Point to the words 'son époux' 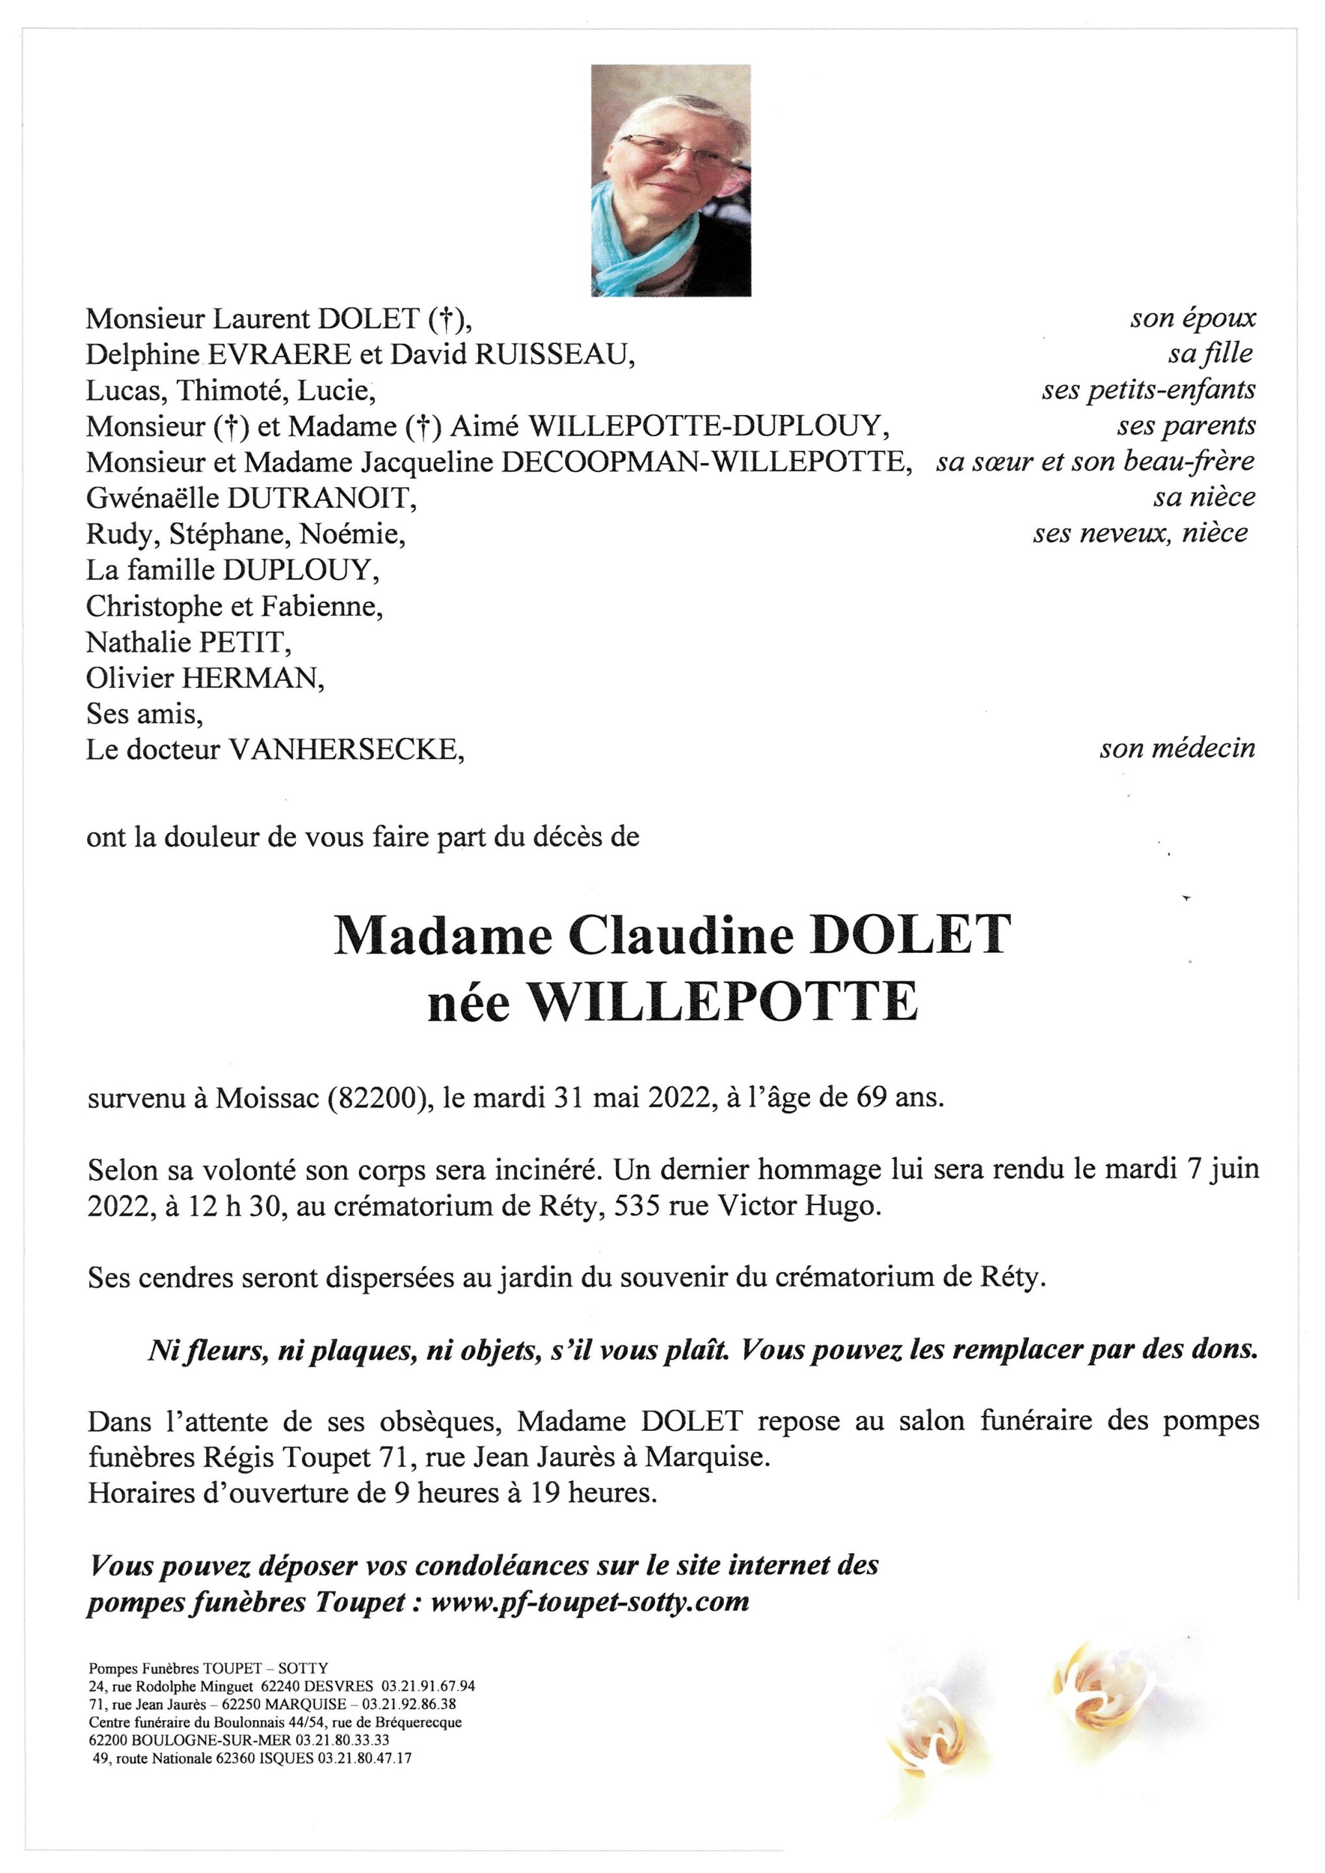coord(1192,318)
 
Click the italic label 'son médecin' coord(1177,748)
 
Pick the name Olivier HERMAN coord(205,678)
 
